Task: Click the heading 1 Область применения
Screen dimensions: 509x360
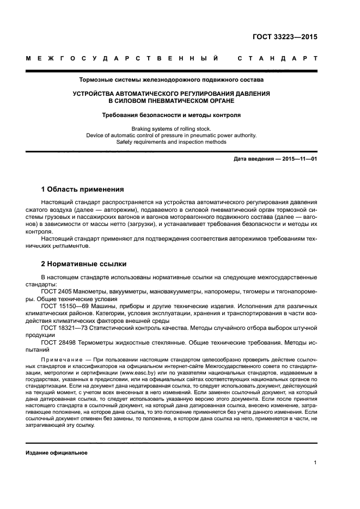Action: [82, 189]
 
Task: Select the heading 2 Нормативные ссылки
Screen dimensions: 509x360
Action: [84, 264]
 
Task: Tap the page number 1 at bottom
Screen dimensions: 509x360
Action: [316, 463]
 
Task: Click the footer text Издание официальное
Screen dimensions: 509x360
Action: [56, 453]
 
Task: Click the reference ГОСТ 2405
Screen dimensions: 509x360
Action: [56, 292]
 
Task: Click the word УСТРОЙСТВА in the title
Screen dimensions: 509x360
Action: [96, 94]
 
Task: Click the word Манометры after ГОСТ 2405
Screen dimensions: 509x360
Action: [90, 292]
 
